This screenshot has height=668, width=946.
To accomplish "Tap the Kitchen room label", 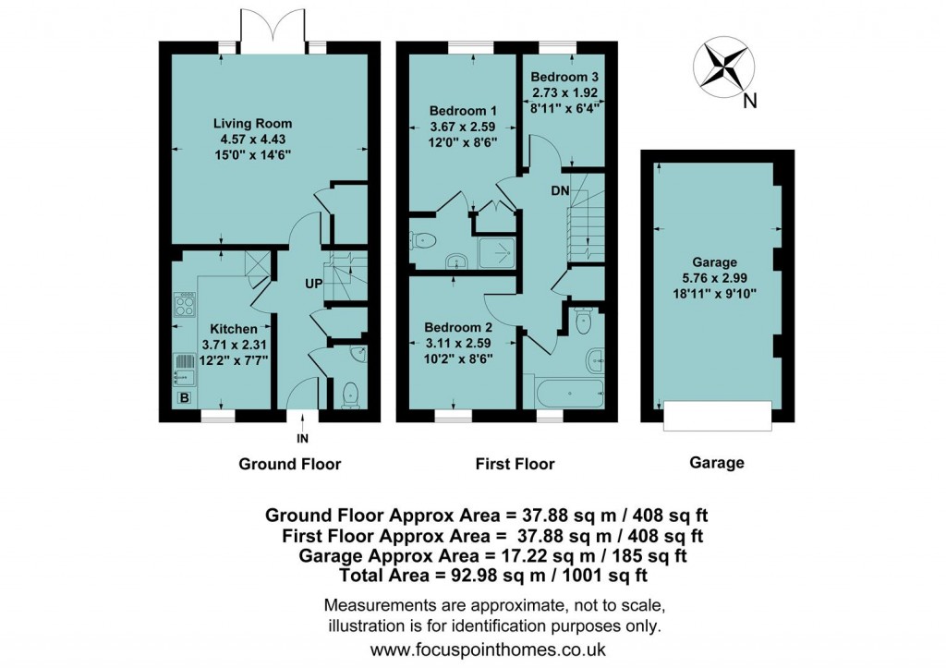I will [x=233, y=329].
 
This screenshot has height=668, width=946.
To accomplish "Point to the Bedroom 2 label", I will [x=457, y=327].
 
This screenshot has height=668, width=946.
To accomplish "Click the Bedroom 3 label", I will [x=563, y=79].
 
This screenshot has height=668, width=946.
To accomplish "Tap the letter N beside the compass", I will [x=750, y=102].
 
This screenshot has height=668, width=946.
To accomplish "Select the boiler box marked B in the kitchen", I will [x=184, y=398].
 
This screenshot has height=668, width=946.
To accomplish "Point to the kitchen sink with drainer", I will [x=180, y=369].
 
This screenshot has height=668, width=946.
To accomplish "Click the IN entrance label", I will [x=302, y=439].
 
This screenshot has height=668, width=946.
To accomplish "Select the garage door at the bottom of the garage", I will [x=717, y=417].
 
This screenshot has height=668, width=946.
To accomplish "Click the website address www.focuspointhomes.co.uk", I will [x=493, y=650].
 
